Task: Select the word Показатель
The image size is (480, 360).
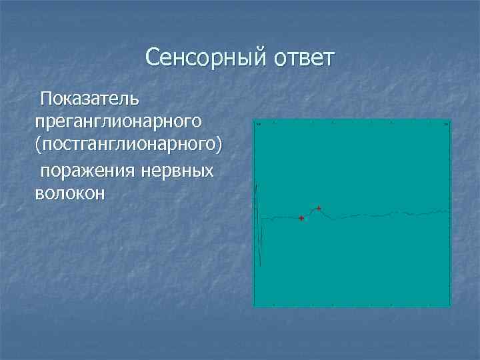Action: [x=89, y=99]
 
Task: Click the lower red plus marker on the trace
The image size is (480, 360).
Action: [x=301, y=219]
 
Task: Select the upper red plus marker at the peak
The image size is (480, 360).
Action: [x=319, y=209]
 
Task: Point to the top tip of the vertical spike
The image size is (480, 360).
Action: [x=258, y=183]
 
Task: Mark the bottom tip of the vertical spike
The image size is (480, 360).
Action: [x=259, y=265]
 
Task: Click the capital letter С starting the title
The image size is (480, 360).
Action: [x=153, y=59]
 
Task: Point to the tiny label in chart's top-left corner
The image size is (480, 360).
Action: [x=257, y=124]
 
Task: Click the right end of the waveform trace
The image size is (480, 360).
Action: [x=449, y=211]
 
